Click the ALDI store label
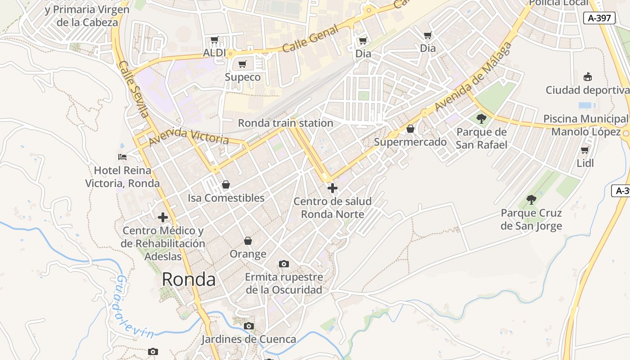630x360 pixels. click(214, 53)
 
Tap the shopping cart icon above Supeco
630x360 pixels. click(243, 64)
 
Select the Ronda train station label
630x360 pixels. click(285, 123)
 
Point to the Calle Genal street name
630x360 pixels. click(310, 39)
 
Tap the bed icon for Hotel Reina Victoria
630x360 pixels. click(122, 157)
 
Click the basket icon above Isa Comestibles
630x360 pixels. click(226, 184)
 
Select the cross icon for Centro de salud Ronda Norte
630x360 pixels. click(333, 188)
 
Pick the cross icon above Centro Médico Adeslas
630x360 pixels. click(163, 217)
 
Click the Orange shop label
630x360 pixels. click(248, 254)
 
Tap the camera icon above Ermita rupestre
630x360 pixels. click(284, 264)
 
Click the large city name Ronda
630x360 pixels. click(189, 279)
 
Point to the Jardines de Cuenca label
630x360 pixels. click(248, 339)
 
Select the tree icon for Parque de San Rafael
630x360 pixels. click(481, 119)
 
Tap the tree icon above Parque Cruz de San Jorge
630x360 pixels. click(531, 199)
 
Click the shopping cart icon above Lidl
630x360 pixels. click(585, 150)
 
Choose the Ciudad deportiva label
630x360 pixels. click(587, 90)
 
